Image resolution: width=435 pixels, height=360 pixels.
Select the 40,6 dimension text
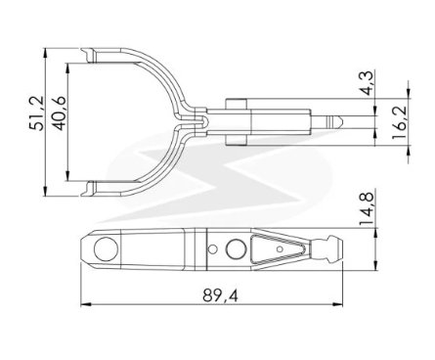tap(60, 113)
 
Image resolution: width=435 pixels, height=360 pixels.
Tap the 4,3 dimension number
tap(368, 83)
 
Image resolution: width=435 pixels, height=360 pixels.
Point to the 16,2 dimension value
tap(400, 121)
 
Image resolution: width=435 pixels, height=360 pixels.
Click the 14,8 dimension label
tap(367, 209)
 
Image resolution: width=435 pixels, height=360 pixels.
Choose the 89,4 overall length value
tap(220, 295)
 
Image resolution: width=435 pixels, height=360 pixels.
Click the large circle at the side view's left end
tap(106, 249)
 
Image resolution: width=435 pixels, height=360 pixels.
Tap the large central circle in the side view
tap(236, 249)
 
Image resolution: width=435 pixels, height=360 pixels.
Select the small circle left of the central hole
tap(213, 249)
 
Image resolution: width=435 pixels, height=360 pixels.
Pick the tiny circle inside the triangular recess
tap(280, 249)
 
